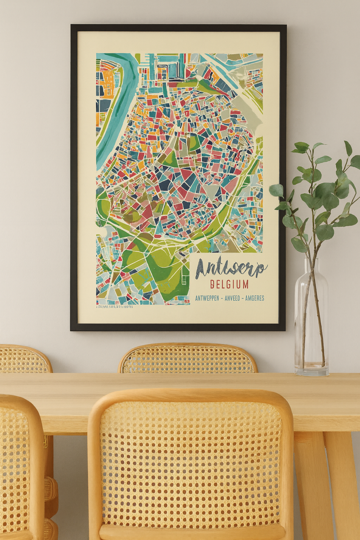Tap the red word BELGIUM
(229, 284)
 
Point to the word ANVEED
(232, 298)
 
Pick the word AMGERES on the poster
(255, 298)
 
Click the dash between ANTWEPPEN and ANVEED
(222, 298)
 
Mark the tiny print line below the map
(115, 307)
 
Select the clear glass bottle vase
(311, 327)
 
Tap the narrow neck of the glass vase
(311, 267)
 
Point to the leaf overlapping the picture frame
(276, 190)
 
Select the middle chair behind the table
(188, 359)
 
